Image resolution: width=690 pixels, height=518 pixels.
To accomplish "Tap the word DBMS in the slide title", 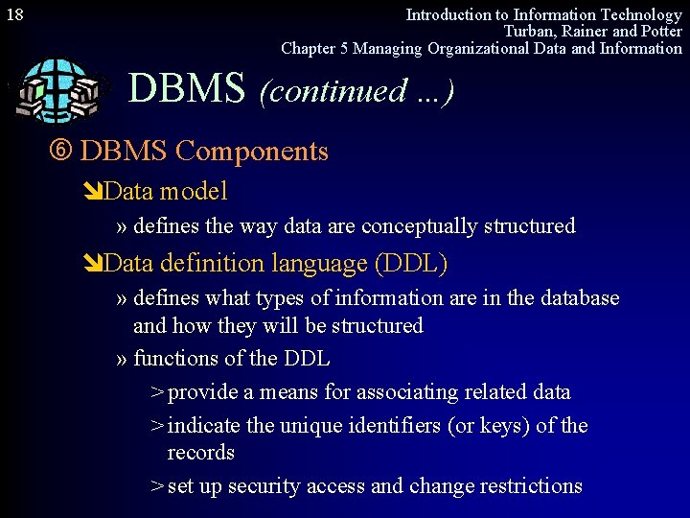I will click(187, 89).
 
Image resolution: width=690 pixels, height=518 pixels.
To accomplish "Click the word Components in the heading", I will click(252, 152).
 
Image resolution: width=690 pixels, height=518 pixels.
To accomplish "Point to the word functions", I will click(175, 359).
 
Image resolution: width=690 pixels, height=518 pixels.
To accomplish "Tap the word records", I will click(200, 452).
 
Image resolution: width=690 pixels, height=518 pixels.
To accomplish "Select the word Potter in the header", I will click(659, 31).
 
